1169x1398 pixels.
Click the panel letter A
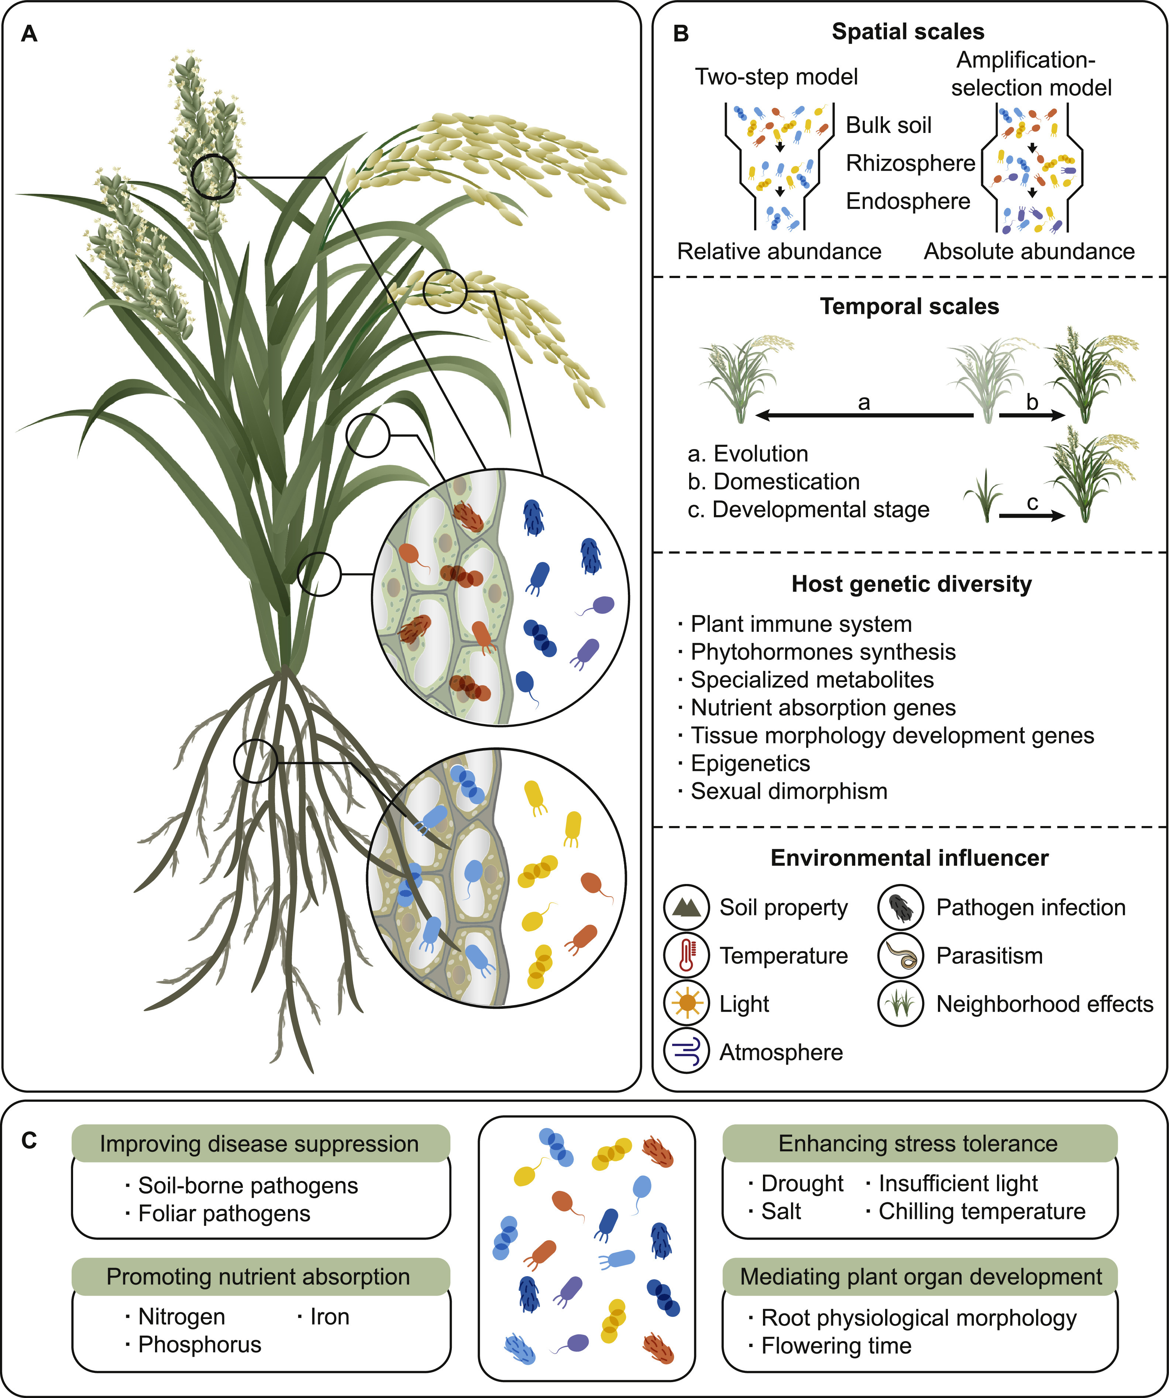coord(29,33)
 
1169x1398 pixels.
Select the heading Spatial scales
coord(908,31)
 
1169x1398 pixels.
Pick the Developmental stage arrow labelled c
coord(1031,515)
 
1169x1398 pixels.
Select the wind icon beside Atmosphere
coord(686,1052)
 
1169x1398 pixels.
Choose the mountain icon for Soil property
coord(686,907)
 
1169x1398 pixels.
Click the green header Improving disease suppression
coord(259,1143)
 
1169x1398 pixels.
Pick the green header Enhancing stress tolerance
coord(918,1143)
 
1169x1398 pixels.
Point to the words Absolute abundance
coord(1029,251)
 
